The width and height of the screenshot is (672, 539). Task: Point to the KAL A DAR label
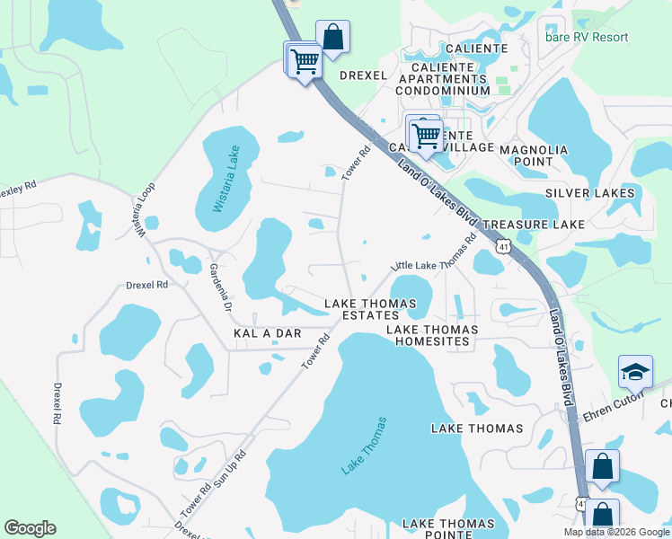[267, 333]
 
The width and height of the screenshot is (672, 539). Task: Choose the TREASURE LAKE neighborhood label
[534, 224]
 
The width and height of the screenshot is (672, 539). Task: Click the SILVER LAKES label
[589, 193]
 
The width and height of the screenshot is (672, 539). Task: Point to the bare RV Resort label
[599, 37]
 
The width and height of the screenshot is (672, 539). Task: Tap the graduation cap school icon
[635, 372]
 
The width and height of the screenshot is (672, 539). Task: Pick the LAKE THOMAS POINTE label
[448, 529]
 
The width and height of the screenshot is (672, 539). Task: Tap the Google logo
[30, 528]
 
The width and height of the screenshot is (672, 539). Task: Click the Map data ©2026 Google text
[616, 532]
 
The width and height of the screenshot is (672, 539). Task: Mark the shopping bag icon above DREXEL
[332, 37]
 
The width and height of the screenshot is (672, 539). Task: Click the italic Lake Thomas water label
[362, 446]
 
